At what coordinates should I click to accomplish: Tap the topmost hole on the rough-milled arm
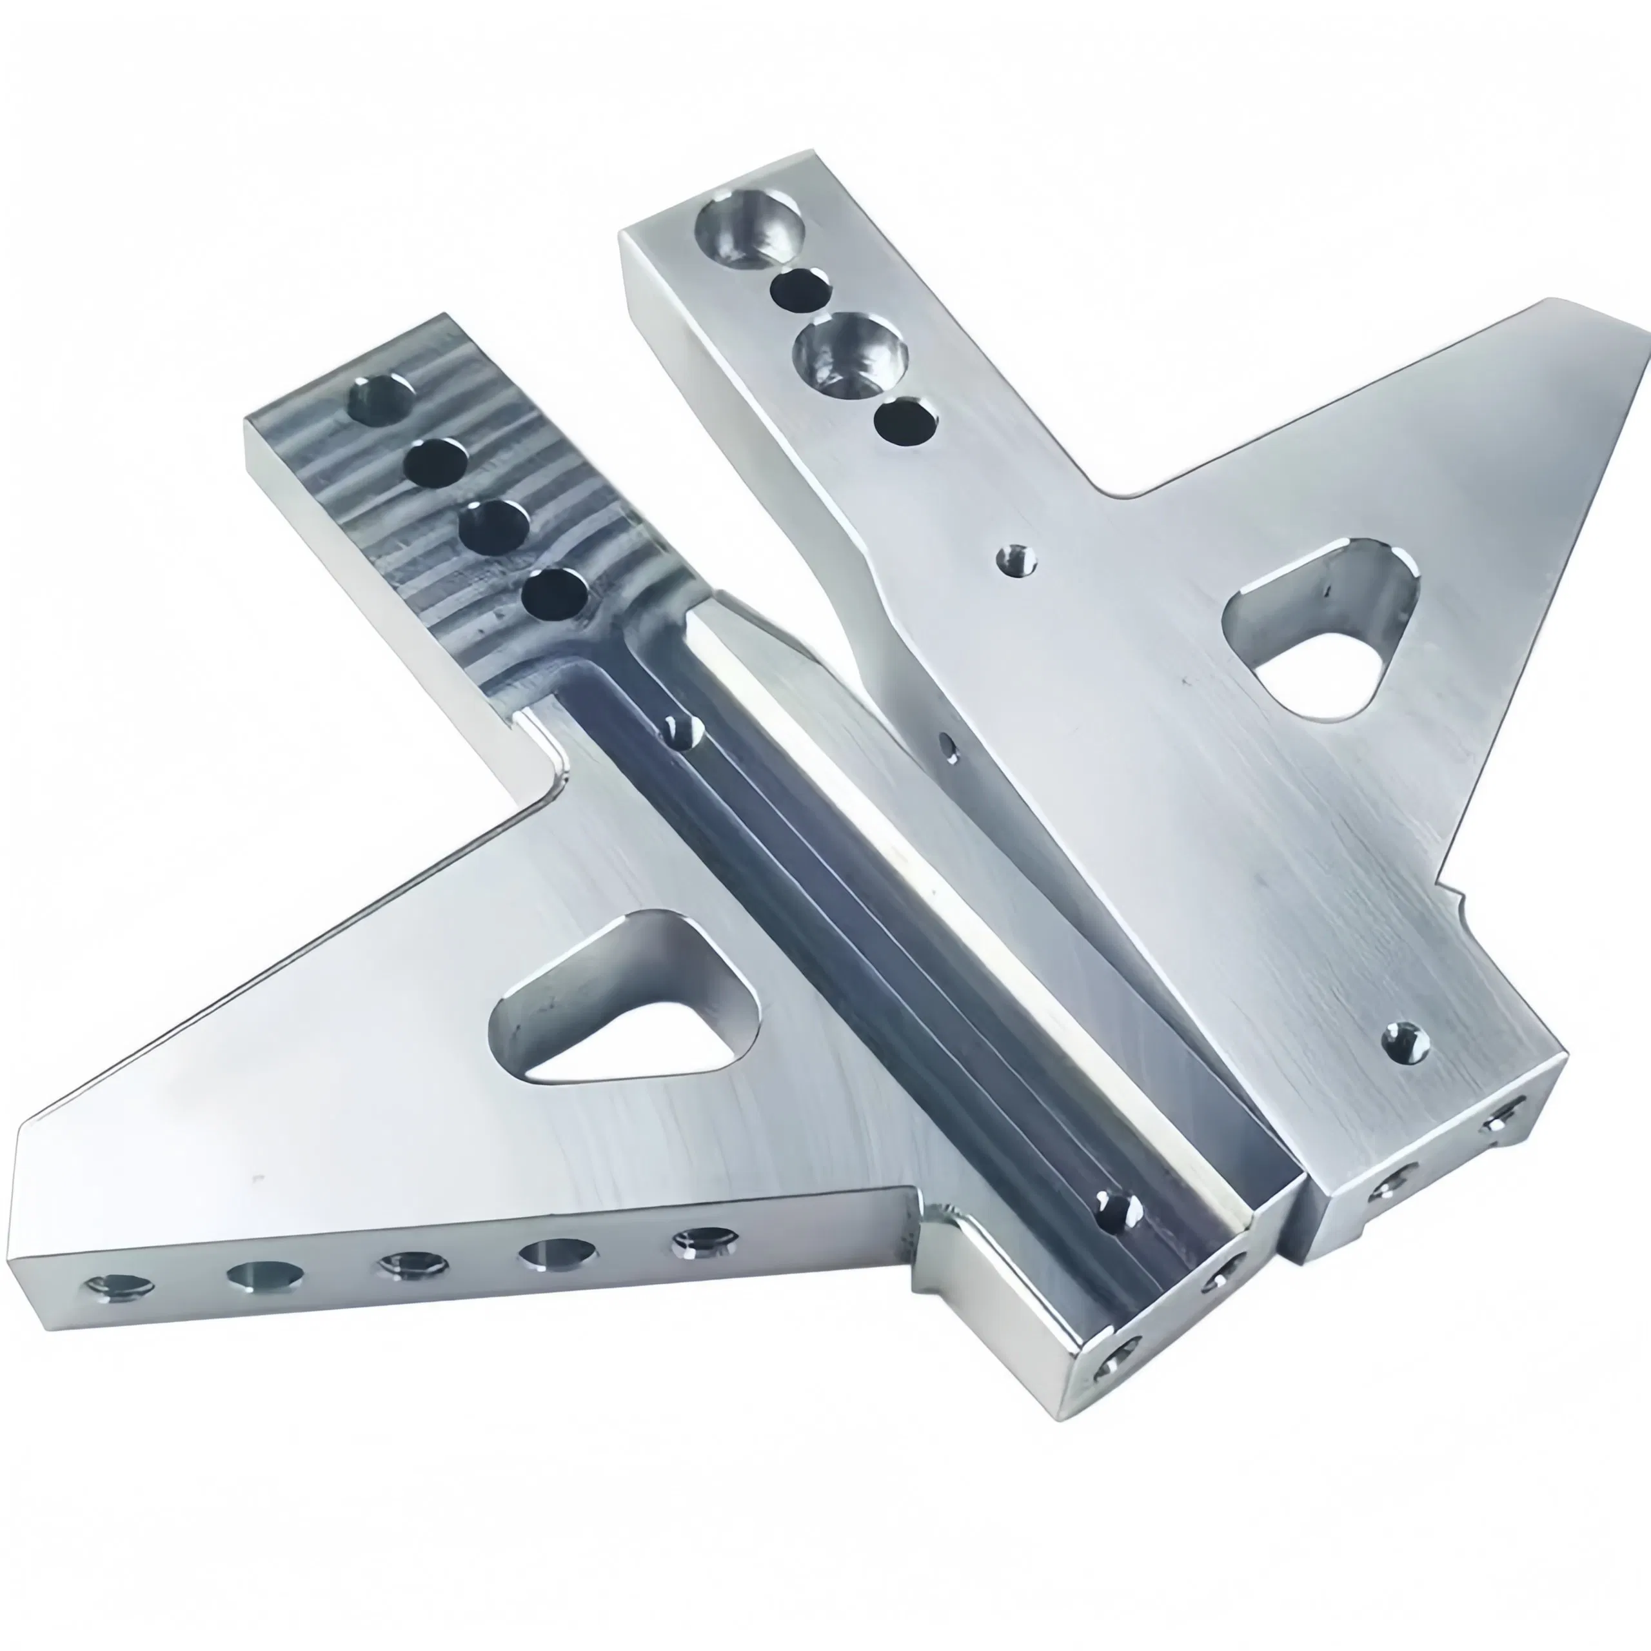(x=381, y=400)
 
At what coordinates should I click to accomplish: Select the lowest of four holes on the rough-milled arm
(x=555, y=594)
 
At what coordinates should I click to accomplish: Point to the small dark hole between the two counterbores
(x=800, y=289)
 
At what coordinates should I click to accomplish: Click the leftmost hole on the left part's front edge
(x=121, y=1287)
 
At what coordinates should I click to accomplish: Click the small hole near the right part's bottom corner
(x=1407, y=1043)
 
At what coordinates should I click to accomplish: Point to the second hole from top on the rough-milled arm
(x=437, y=462)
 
